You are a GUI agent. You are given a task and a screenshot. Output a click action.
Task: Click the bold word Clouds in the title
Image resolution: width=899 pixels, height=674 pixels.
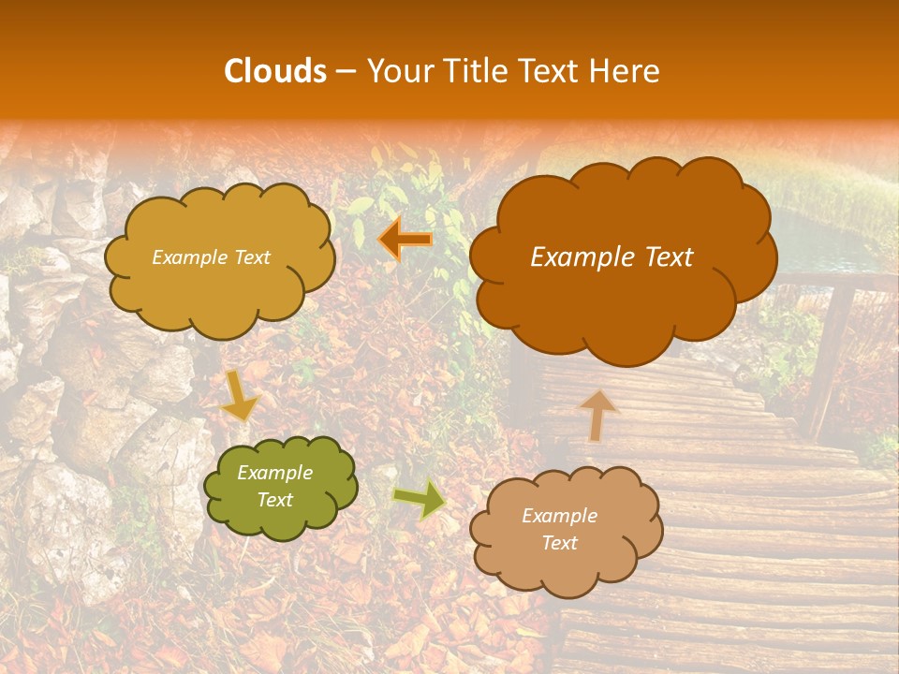(275, 71)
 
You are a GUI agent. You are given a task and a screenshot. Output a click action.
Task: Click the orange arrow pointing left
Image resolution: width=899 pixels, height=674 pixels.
(405, 240)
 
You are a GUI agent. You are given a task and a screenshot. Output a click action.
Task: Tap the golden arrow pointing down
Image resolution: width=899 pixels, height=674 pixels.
(239, 394)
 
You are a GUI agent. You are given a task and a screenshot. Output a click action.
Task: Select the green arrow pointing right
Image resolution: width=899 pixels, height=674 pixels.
(419, 499)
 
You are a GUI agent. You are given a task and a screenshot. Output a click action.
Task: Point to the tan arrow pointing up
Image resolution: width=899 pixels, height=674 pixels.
(598, 415)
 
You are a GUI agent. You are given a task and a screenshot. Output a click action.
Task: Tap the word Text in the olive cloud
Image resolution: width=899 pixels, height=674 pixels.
(274, 500)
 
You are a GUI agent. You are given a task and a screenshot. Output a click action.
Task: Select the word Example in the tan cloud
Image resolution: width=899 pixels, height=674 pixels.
(559, 516)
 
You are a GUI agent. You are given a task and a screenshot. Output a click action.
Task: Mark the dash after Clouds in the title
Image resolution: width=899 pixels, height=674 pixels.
(345, 72)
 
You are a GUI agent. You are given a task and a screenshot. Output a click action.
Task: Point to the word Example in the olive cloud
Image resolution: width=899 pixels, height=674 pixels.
(274, 473)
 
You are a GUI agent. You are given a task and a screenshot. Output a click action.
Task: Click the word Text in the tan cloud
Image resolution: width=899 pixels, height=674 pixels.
(559, 543)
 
